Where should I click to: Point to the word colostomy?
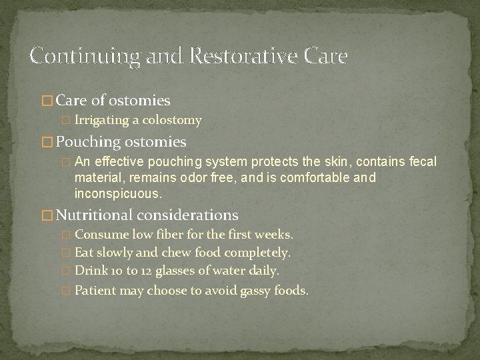point(175,120)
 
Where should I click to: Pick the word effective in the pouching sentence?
point(123,162)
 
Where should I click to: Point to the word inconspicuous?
point(118,194)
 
